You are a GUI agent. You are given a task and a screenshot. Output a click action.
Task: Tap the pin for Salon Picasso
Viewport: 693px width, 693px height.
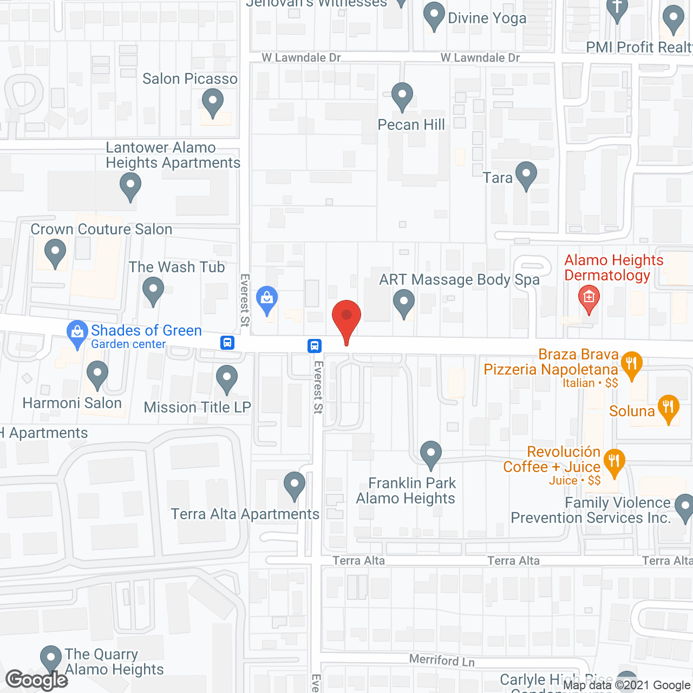click(x=212, y=101)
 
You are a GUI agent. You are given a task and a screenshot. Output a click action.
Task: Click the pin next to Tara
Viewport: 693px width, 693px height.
click(x=526, y=174)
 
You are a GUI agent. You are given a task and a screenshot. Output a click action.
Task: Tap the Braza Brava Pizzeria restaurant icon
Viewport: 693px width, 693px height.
click(x=631, y=364)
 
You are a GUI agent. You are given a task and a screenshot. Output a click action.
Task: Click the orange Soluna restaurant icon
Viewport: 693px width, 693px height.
click(x=668, y=407)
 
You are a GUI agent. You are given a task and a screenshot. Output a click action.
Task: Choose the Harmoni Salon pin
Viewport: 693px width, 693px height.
click(x=97, y=375)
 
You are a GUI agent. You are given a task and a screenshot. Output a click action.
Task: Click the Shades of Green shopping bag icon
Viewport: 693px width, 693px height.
click(x=77, y=332)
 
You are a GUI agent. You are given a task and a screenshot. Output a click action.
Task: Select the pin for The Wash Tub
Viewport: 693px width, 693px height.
click(x=153, y=290)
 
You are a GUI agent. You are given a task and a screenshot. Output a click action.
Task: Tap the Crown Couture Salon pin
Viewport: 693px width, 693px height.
click(x=55, y=252)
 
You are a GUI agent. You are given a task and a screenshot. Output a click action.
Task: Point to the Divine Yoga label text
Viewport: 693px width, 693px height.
click(x=487, y=18)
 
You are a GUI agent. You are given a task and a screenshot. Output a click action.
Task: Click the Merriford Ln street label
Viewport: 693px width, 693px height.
click(x=442, y=660)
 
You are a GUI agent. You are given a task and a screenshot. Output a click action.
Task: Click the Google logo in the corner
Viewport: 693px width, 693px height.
click(x=37, y=679)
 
